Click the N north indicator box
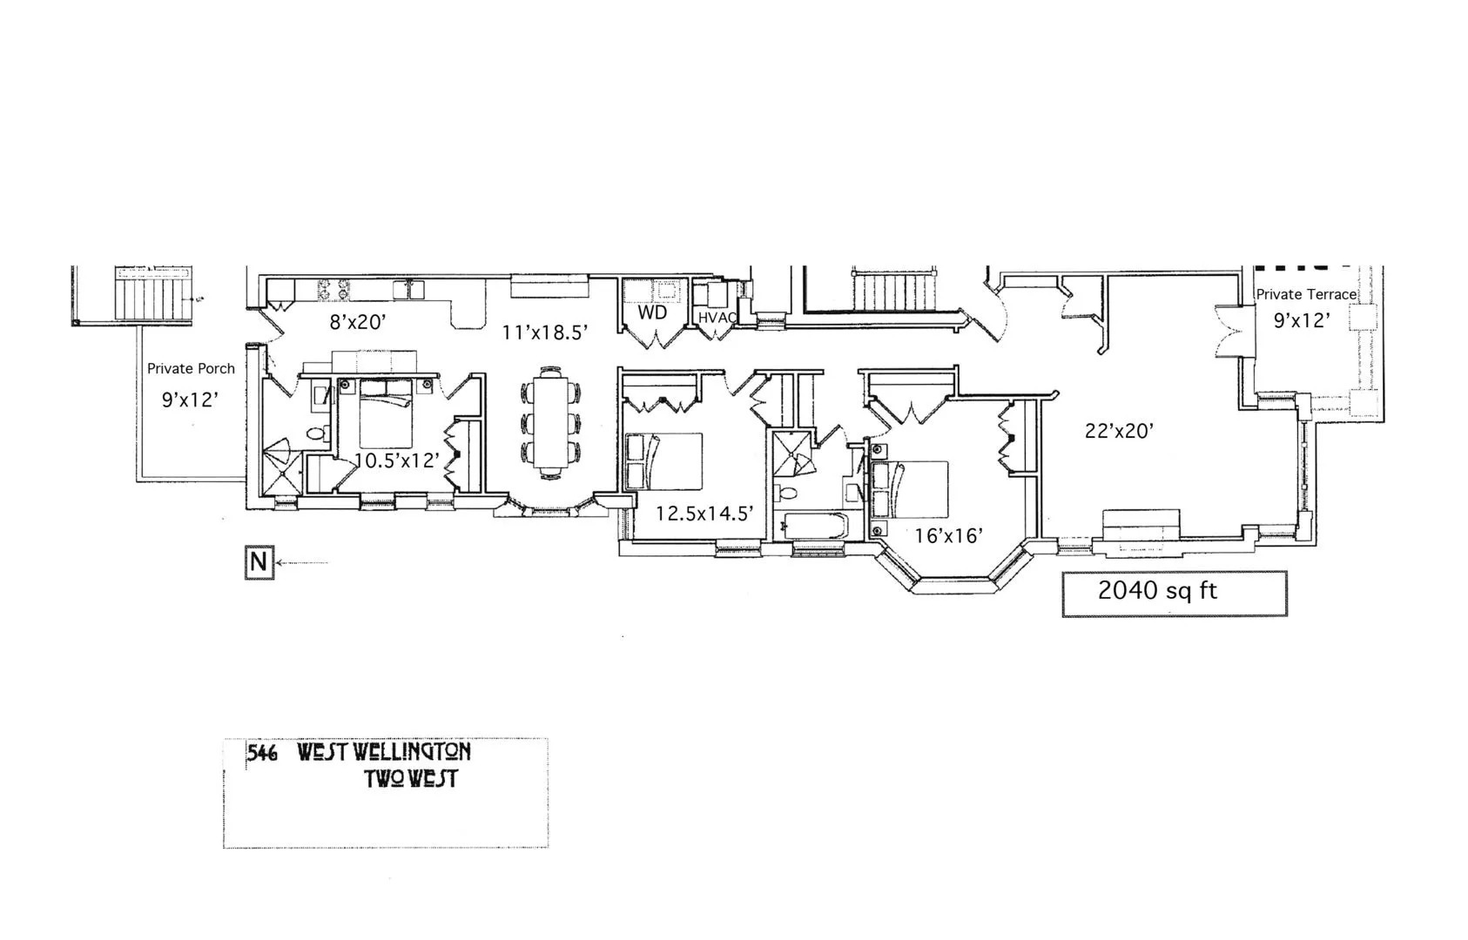pyautogui.click(x=259, y=562)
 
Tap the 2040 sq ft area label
pyautogui.click(x=1157, y=591)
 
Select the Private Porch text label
pyautogui.click(x=191, y=369)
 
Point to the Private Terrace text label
pyautogui.click(x=1306, y=295)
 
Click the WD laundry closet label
pyautogui.click(x=652, y=312)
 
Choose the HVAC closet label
pyautogui.click(x=717, y=318)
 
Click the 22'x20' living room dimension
pyautogui.click(x=1120, y=431)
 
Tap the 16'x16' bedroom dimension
pyautogui.click(x=948, y=536)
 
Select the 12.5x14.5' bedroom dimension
pyautogui.click(x=704, y=514)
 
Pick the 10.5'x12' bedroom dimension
pyautogui.click(x=396, y=460)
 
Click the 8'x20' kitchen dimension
pyautogui.click(x=358, y=322)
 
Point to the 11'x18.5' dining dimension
pyautogui.click(x=544, y=332)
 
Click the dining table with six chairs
pyautogui.click(x=550, y=422)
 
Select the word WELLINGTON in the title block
pyautogui.click(x=384, y=752)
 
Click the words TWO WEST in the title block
pyautogui.click(x=411, y=780)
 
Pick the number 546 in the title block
pyautogui.click(x=262, y=754)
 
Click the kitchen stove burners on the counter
pyautogui.click(x=333, y=290)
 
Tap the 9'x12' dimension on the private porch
pyautogui.click(x=190, y=399)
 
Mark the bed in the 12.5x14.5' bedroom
pyautogui.click(x=663, y=461)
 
